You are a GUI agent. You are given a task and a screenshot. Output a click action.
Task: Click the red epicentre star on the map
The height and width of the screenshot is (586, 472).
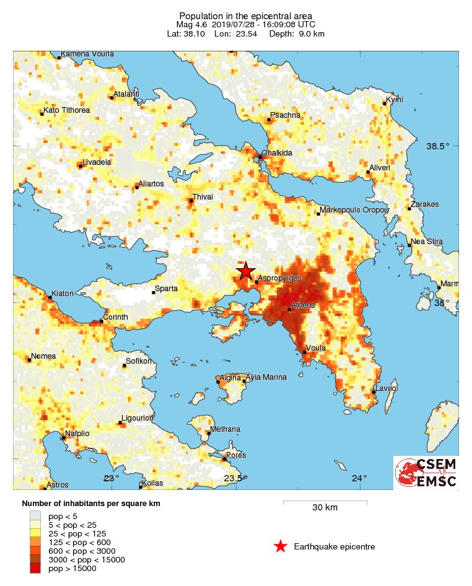246,271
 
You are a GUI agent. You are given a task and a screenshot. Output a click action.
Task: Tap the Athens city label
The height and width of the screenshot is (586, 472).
303,305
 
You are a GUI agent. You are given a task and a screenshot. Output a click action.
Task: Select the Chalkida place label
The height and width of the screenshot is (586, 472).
277,152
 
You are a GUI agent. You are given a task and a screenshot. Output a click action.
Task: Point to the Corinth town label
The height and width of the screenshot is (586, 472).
115,317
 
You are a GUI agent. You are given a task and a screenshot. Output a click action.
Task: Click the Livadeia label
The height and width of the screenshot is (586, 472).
96,162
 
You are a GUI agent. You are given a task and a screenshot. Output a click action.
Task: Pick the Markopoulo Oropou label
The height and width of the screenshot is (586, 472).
355,210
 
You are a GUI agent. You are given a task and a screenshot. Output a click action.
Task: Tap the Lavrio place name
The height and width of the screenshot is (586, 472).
385,388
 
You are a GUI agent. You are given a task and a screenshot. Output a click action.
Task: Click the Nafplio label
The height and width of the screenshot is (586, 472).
80,434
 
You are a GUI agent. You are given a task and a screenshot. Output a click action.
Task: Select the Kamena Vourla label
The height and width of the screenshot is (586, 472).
87,54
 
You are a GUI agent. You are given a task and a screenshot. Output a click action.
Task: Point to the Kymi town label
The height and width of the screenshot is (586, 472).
395,100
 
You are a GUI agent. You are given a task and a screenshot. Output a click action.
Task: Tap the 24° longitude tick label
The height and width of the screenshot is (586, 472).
359,478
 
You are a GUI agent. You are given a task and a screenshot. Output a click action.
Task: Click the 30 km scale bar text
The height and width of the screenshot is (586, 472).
325,508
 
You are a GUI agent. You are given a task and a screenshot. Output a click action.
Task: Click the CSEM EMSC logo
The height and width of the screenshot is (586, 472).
426,473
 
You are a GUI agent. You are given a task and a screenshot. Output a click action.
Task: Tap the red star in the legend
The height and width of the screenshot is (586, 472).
281,546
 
